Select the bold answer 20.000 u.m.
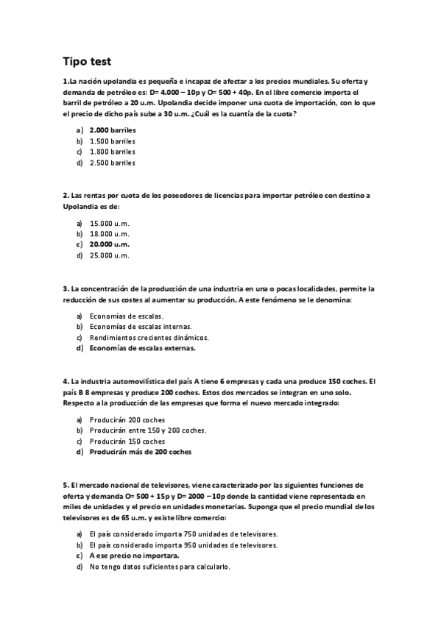tap(109, 244)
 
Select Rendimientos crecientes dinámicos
tap(138, 337)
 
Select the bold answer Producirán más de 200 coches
tap(140, 452)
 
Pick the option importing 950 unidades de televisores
tap(183, 545)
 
